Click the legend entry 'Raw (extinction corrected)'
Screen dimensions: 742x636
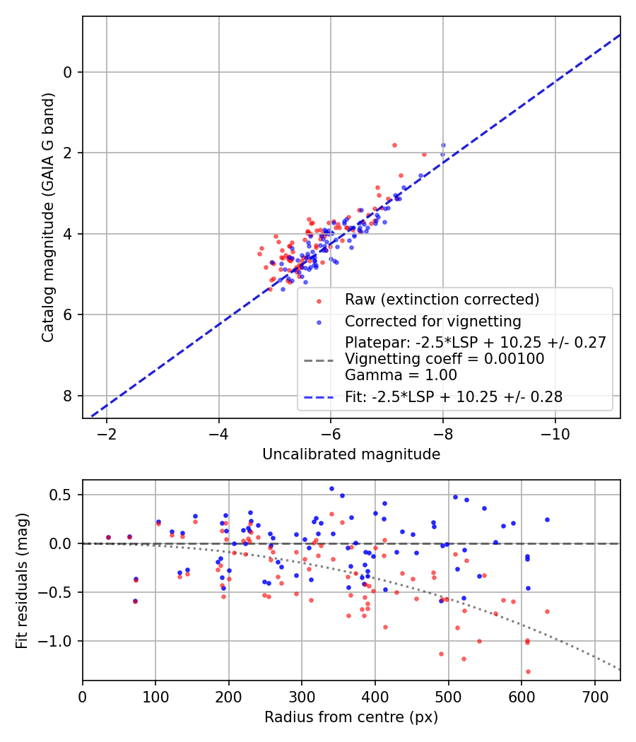tap(442, 300)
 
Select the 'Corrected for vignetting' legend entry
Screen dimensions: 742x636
tap(432, 322)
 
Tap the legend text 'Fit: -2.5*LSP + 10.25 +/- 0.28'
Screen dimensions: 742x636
tap(454, 397)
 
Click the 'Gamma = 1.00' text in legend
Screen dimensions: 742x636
tap(401, 375)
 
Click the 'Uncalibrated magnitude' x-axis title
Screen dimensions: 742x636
tap(351, 454)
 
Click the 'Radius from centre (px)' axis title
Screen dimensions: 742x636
tap(351, 717)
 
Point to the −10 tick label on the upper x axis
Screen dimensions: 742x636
tap(555, 433)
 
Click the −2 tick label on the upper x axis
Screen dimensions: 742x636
tap(107, 433)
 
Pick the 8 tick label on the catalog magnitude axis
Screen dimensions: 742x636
tap(69, 396)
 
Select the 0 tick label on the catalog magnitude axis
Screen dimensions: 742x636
tap(69, 72)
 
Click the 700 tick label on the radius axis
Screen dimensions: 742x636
tap(594, 695)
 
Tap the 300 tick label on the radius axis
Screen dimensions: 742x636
tap(302, 695)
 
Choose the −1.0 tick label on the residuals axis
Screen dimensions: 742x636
tap(57, 641)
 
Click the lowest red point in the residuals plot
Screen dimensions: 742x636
tap(528, 671)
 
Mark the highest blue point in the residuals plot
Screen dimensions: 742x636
tap(331, 488)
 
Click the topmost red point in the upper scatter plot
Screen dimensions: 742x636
tap(394, 145)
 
